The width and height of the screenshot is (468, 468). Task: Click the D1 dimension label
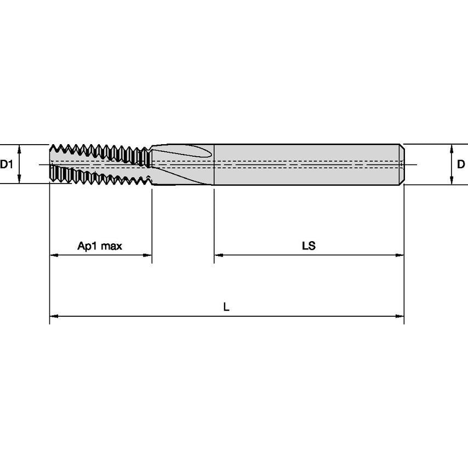[x=6, y=164]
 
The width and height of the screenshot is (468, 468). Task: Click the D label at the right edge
[x=461, y=164]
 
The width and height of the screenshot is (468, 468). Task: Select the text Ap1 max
[x=100, y=246]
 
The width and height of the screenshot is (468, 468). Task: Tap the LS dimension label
[x=309, y=246]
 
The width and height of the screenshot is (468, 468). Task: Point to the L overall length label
[x=226, y=306]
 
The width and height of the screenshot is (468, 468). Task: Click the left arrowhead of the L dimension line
[x=54, y=316]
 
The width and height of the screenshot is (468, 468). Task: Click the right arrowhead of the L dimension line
[x=399, y=316]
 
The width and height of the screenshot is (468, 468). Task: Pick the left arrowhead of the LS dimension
[x=219, y=255]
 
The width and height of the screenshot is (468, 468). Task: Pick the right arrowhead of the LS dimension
[x=399, y=255]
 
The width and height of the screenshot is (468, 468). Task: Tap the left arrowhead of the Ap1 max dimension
[x=54, y=255]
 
